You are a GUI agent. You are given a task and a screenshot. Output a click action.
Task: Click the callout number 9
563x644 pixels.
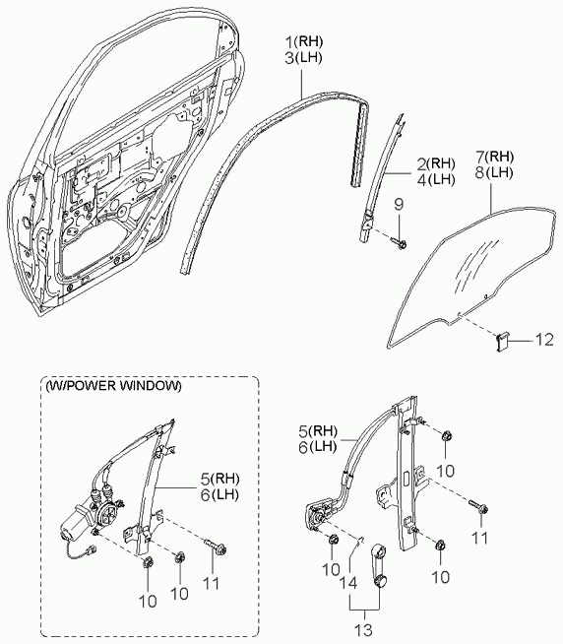pyautogui.click(x=399, y=204)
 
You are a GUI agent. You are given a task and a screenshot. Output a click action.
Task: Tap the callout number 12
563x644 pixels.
pyautogui.click(x=544, y=340)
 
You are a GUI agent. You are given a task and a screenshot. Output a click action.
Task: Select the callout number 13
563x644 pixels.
pyautogui.click(x=363, y=629)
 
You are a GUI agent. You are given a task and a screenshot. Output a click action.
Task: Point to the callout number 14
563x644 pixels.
pyautogui.click(x=347, y=583)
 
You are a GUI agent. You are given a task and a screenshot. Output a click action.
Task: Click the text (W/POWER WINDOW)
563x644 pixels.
pyautogui.click(x=113, y=386)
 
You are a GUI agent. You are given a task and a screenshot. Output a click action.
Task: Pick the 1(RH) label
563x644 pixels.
pyautogui.click(x=304, y=41)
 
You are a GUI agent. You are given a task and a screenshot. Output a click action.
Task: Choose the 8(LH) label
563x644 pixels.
pyautogui.click(x=494, y=173)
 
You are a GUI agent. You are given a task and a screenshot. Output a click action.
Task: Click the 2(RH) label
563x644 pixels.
pyautogui.click(x=436, y=163)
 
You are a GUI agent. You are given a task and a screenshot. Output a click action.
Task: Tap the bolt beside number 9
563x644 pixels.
pyautogui.click(x=400, y=243)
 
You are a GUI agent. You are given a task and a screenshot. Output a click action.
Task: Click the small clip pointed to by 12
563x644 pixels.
pyautogui.click(x=501, y=342)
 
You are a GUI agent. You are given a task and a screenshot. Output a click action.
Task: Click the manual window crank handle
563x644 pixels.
pyautogui.click(x=380, y=565)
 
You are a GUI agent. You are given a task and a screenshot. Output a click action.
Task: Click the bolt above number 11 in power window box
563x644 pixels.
pyautogui.click(x=216, y=546)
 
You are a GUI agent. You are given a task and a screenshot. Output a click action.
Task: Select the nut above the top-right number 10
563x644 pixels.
pyautogui.click(x=447, y=436)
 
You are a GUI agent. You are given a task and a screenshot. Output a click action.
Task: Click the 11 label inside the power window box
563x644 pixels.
pyautogui.click(x=212, y=583)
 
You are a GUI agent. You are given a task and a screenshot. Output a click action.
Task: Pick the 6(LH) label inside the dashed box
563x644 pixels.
pyautogui.click(x=219, y=495)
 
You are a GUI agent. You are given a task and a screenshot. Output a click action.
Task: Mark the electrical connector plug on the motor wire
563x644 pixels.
pyautogui.click(x=93, y=549)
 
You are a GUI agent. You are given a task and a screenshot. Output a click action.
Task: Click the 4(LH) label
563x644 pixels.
pyautogui.click(x=436, y=180)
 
